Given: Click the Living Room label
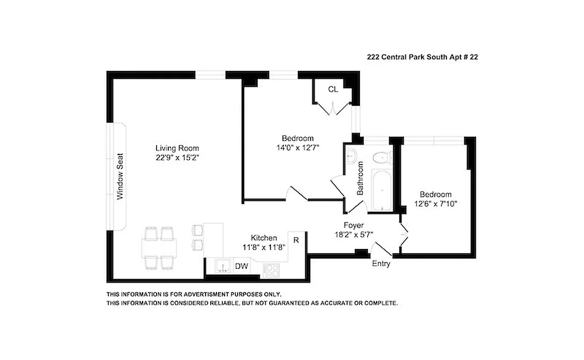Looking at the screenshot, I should [x=177, y=148].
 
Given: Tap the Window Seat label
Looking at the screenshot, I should [x=120, y=177].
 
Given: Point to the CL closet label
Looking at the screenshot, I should [x=332, y=89].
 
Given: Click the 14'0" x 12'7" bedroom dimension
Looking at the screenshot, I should [x=297, y=147].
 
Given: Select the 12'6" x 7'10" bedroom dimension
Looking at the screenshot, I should [x=435, y=203].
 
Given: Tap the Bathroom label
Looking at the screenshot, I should [x=360, y=178].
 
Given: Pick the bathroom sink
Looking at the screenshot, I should [x=352, y=156].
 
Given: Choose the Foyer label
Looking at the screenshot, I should [x=353, y=225].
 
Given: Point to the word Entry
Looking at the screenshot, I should [x=381, y=264].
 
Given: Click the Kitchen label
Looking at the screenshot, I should [x=264, y=238].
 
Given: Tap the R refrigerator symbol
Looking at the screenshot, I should [x=296, y=240].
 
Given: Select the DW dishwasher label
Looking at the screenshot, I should [x=242, y=266].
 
